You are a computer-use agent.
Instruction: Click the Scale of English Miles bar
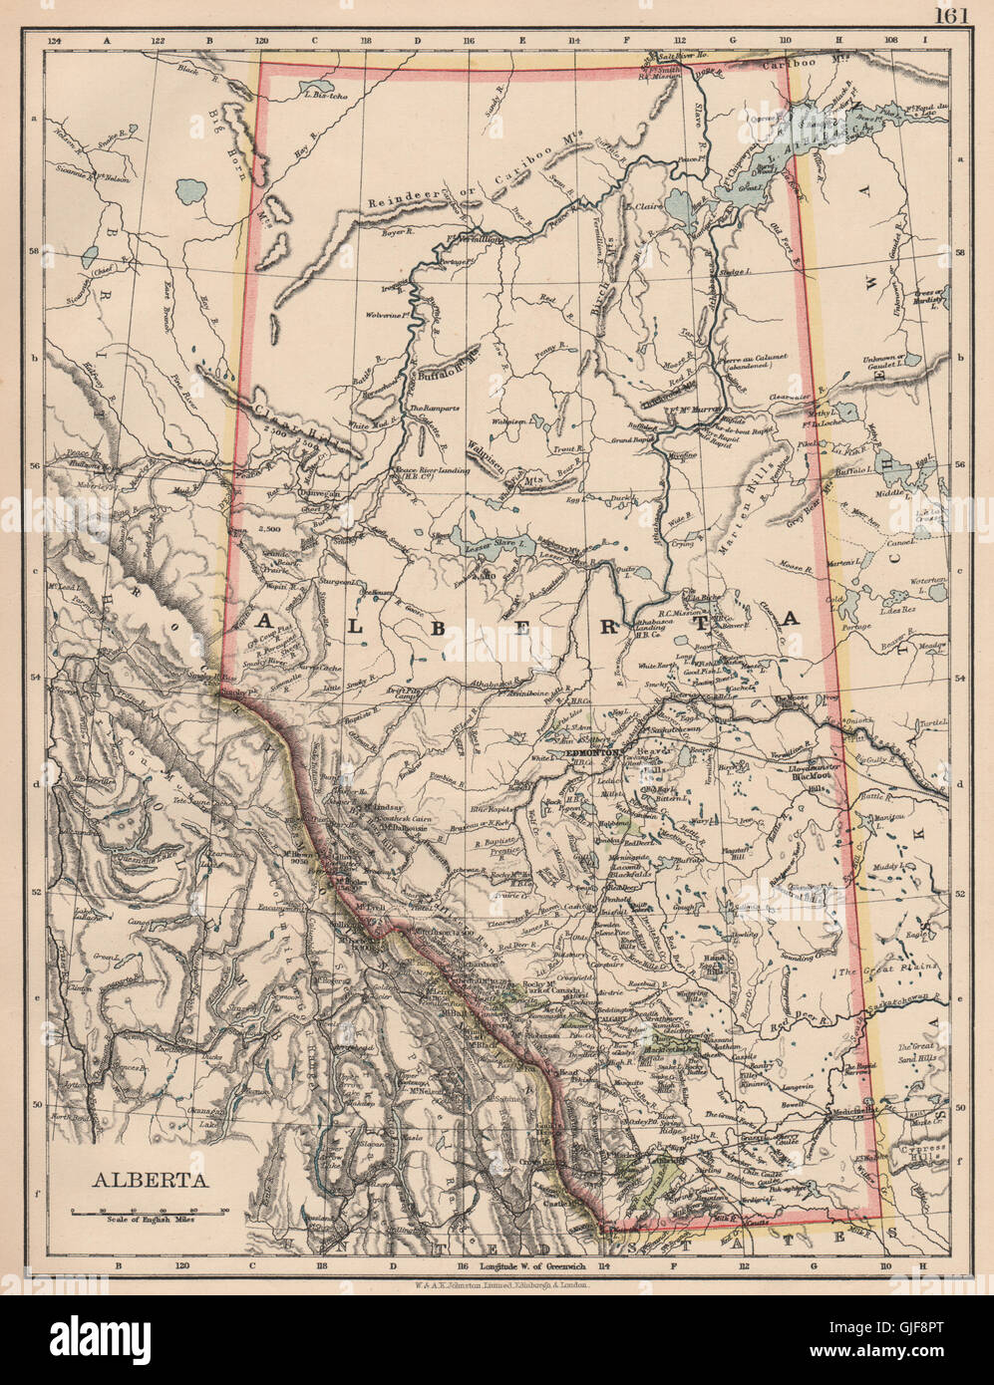pyautogui.click(x=148, y=1210)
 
